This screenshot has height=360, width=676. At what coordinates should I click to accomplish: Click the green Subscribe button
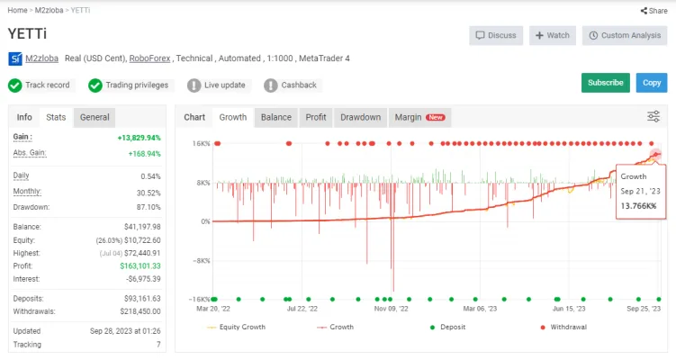tap(605, 83)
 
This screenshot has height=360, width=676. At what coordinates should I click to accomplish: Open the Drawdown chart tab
tap(360, 117)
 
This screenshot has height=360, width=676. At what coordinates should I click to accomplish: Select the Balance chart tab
tap(276, 117)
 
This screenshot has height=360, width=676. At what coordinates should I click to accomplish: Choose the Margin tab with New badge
tap(420, 117)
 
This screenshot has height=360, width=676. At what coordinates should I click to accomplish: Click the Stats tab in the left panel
tap(56, 117)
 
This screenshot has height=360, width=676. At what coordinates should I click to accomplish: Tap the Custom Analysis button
tap(625, 35)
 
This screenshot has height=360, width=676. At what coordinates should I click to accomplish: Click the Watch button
tap(553, 35)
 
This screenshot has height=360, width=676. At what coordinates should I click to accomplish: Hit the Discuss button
tap(496, 35)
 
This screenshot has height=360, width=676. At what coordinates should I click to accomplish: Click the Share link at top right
tap(654, 11)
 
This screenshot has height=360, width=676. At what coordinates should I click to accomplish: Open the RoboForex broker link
tap(149, 58)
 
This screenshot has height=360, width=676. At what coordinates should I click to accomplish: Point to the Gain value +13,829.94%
tap(139, 138)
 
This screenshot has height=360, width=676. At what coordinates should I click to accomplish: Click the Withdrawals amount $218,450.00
tap(140, 311)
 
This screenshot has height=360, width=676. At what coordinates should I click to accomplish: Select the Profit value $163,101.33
tap(140, 266)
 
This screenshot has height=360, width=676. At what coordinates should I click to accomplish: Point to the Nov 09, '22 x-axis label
tap(391, 309)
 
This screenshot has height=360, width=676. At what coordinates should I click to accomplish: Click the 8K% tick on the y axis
tap(203, 183)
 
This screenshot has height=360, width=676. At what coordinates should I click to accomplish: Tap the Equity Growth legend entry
tap(236, 328)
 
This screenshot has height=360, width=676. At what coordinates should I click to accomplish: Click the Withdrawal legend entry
tap(563, 328)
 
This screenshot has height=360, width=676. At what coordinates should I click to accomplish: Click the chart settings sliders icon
tap(653, 116)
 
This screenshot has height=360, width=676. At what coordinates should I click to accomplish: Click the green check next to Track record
tap(15, 85)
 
